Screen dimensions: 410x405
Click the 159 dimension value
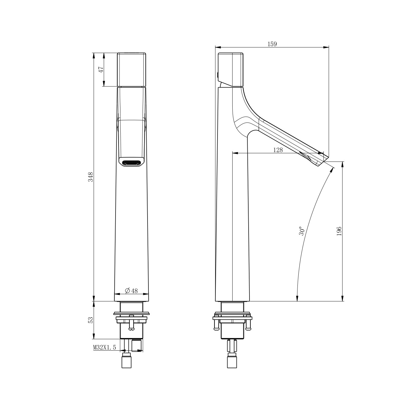pos(272,44)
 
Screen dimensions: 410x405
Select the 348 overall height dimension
pos(91,177)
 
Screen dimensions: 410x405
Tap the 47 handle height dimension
pos(101,69)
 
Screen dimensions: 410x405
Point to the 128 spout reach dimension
pos(278,150)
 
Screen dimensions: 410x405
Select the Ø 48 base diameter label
pos(131,291)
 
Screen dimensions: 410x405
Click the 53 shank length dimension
pos(91,320)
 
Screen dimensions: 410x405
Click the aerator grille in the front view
pos(131,163)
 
